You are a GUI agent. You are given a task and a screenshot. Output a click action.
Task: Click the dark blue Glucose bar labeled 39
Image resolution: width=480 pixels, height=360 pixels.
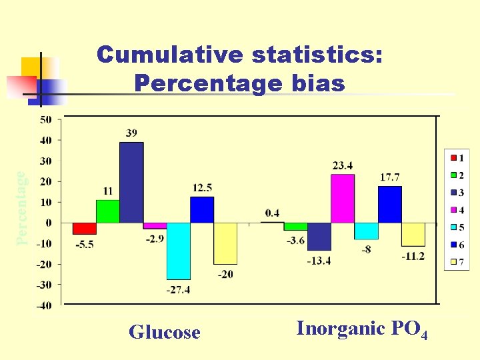(131, 182)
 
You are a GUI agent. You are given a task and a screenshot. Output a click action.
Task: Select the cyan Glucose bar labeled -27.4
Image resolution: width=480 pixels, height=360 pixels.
(178, 251)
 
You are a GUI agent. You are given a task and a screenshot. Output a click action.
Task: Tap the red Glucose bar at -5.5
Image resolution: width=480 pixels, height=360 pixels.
(85, 228)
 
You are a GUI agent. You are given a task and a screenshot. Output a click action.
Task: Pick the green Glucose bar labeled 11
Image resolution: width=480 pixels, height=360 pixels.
(108, 211)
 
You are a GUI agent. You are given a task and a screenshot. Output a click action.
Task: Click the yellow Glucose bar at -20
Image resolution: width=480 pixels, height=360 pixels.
(225, 243)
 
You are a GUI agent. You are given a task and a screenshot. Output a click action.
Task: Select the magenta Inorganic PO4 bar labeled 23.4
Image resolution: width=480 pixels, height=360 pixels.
(343, 199)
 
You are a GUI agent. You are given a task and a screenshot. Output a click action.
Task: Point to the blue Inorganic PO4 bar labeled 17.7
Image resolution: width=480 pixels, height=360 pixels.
(389, 204)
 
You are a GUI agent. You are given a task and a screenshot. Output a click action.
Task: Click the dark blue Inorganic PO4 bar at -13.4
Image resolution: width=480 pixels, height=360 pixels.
(319, 236)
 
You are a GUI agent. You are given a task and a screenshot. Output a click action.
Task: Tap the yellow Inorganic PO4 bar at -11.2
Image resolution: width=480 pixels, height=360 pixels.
(413, 234)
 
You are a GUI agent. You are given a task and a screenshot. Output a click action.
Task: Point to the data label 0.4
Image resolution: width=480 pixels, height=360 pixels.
(272, 213)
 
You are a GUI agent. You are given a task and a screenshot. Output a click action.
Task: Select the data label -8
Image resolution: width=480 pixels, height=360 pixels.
(367, 249)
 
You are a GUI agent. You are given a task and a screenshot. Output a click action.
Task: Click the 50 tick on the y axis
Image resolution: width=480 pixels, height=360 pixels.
(45, 119)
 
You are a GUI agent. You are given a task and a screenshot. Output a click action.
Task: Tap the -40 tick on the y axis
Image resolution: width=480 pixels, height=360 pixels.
(43, 305)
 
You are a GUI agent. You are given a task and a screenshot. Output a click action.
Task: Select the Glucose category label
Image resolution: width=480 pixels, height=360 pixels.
(164, 332)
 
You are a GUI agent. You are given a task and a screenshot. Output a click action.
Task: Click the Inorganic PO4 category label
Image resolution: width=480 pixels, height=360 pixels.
(361, 329)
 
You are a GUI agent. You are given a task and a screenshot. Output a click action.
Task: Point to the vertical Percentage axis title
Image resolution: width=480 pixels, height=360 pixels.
(22, 207)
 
